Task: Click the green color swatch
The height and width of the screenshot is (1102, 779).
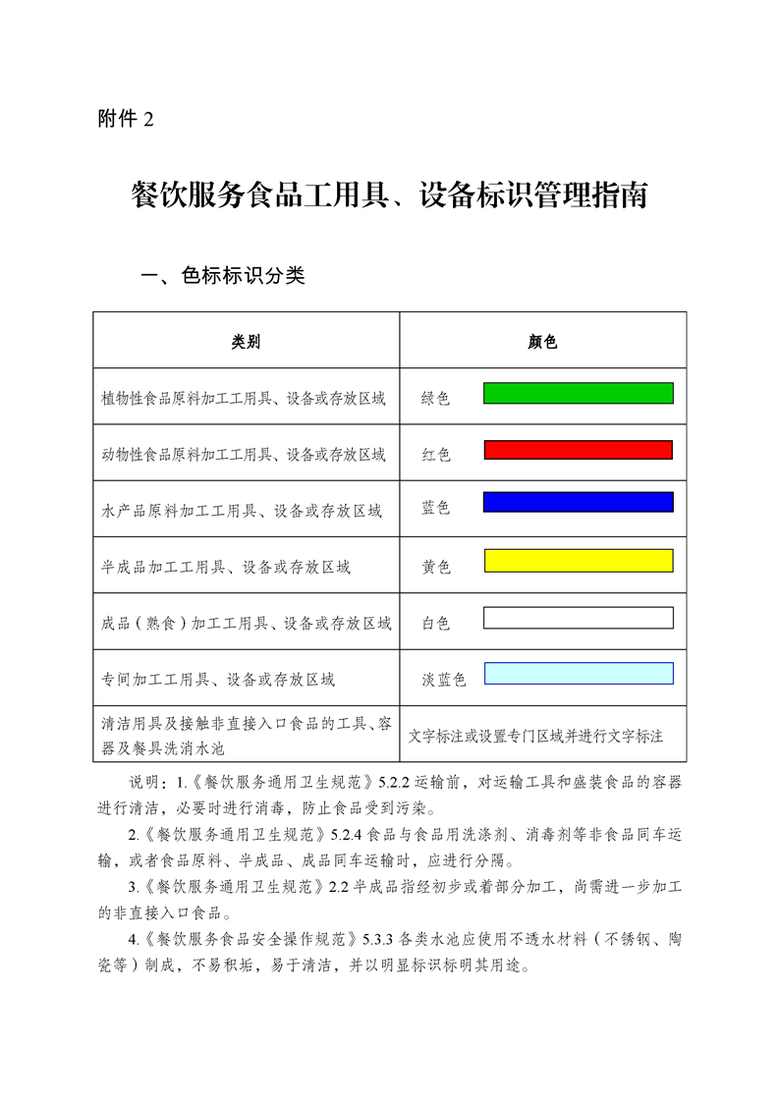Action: (578, 393)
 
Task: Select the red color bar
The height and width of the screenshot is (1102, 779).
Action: (578, 450)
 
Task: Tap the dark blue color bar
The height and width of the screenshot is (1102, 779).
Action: (578, 502)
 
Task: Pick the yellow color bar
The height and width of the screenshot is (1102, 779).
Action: (578, 561)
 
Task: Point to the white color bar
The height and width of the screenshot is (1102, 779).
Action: (578, 618)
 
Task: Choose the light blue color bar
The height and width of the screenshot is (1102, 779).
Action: (578, 673)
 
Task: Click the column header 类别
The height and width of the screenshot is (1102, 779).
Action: (246, 342)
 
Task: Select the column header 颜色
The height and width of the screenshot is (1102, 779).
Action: (542, 342)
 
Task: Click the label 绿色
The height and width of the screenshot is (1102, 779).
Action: (435, 398)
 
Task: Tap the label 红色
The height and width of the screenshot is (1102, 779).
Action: (435, 455)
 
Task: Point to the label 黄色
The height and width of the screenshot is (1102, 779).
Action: (435, 567)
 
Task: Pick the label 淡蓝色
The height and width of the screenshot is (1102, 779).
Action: (443, 680)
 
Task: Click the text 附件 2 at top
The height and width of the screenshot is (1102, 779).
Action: (126, 119)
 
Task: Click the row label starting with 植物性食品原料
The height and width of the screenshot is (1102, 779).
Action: (243, 399)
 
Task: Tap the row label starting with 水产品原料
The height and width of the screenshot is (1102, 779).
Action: (241, 511)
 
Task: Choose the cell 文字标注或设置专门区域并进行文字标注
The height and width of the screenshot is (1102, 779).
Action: (535, 736)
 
